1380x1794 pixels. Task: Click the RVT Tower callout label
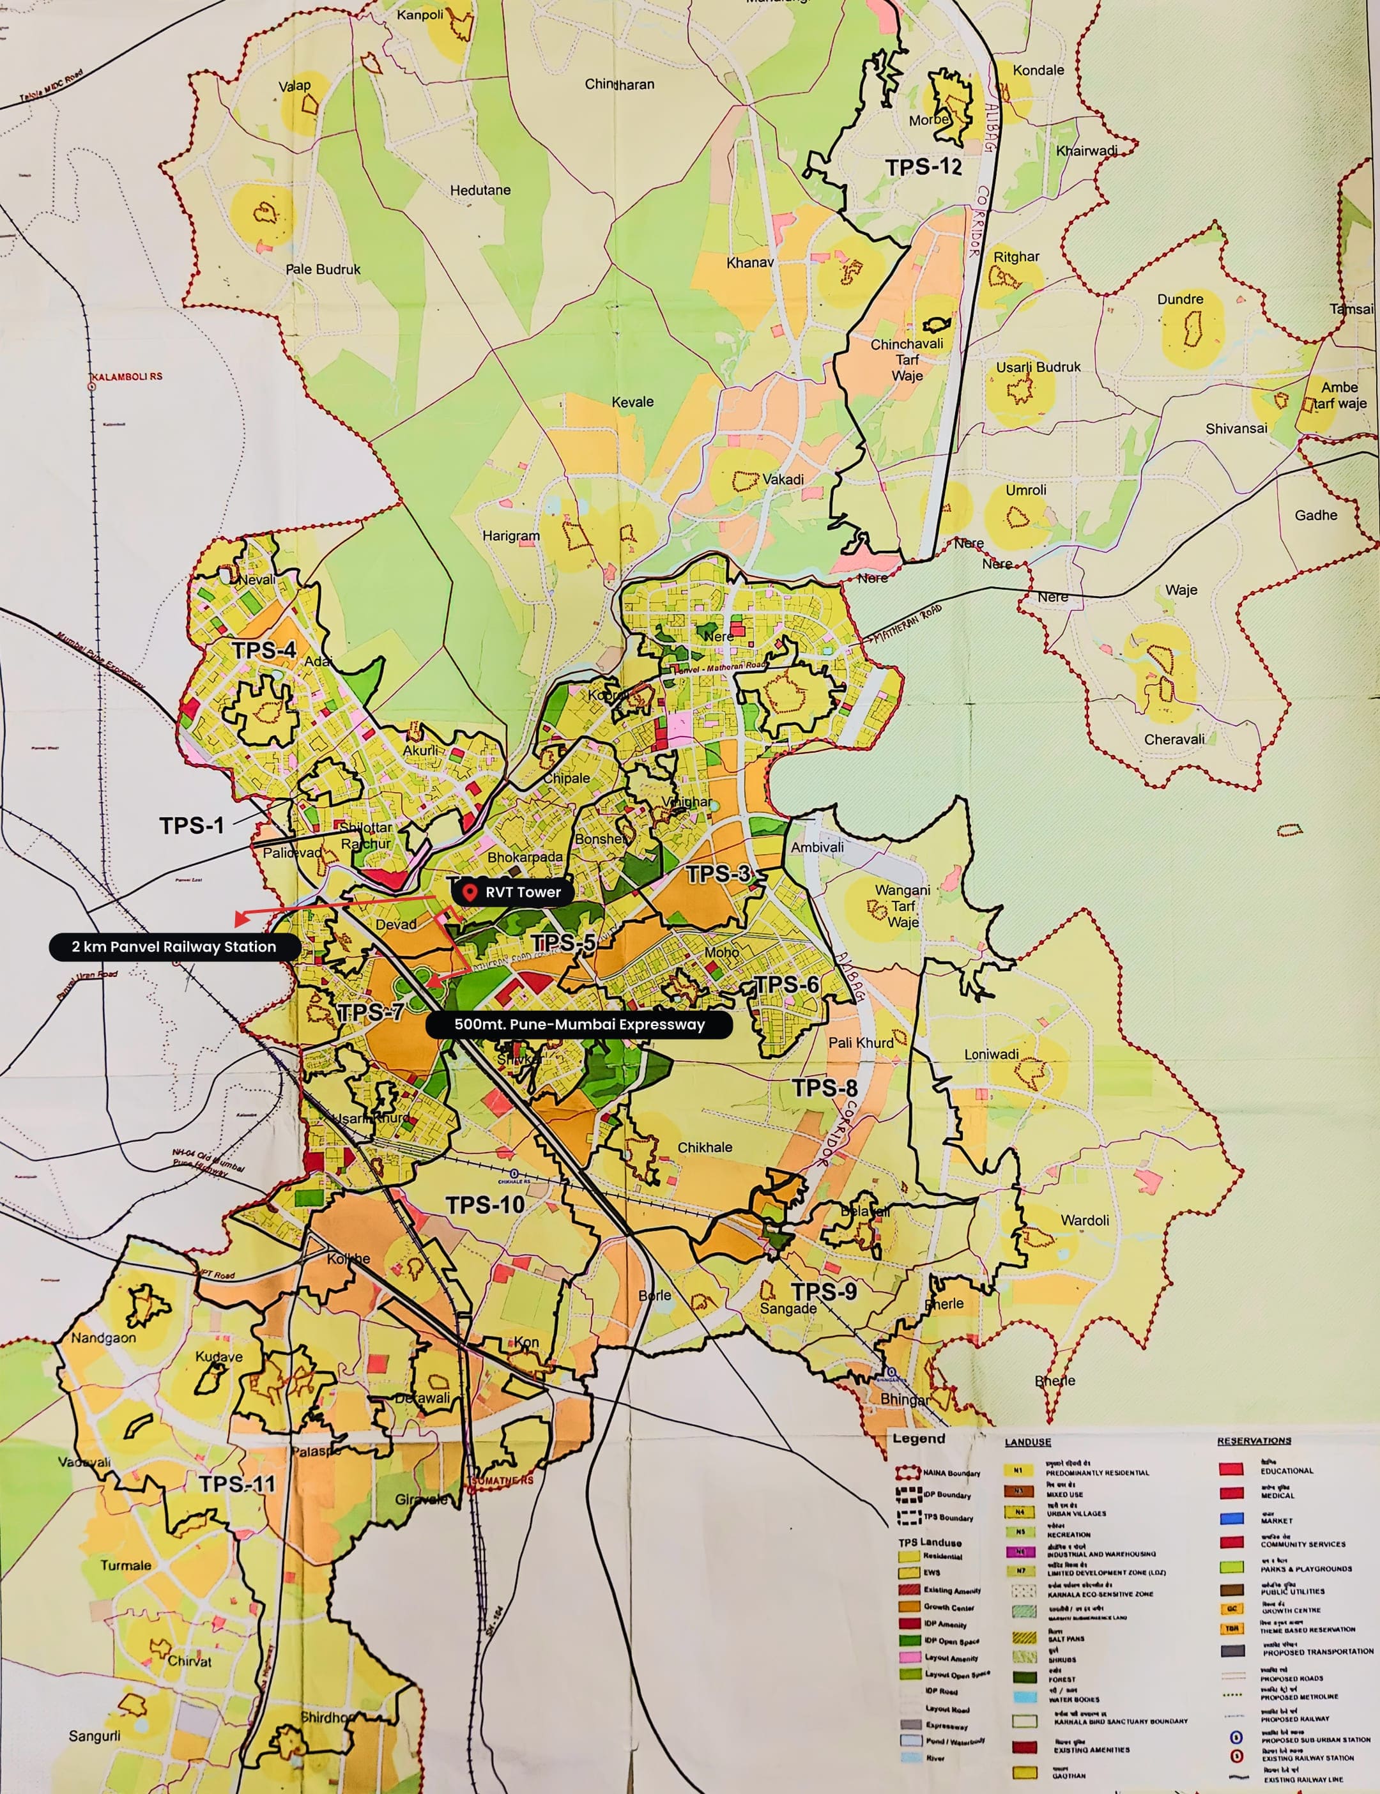point(523,892)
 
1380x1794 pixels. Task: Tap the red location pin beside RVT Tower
point(470,892)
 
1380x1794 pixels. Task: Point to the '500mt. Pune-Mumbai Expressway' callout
point(579,1024)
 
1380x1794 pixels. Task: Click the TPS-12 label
point(923,167)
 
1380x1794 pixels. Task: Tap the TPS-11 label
point(238,1483)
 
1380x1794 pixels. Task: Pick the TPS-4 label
point(264,650)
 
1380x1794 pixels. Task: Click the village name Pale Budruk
point(323,270)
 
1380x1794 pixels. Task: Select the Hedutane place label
point(480,190)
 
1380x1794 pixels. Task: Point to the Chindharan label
point(619,84)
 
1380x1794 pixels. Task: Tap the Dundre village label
point(1179,299)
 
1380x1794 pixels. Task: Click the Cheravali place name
point(1174,739)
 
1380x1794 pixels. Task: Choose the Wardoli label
point(1084,1220)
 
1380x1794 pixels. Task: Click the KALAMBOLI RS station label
point(126,376)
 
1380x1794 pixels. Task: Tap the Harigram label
point(511,535)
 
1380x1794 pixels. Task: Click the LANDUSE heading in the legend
point(1027,1441)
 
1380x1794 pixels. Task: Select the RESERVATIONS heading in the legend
point(1253,1441)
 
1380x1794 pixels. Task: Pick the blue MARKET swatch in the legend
point(1230,1518)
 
